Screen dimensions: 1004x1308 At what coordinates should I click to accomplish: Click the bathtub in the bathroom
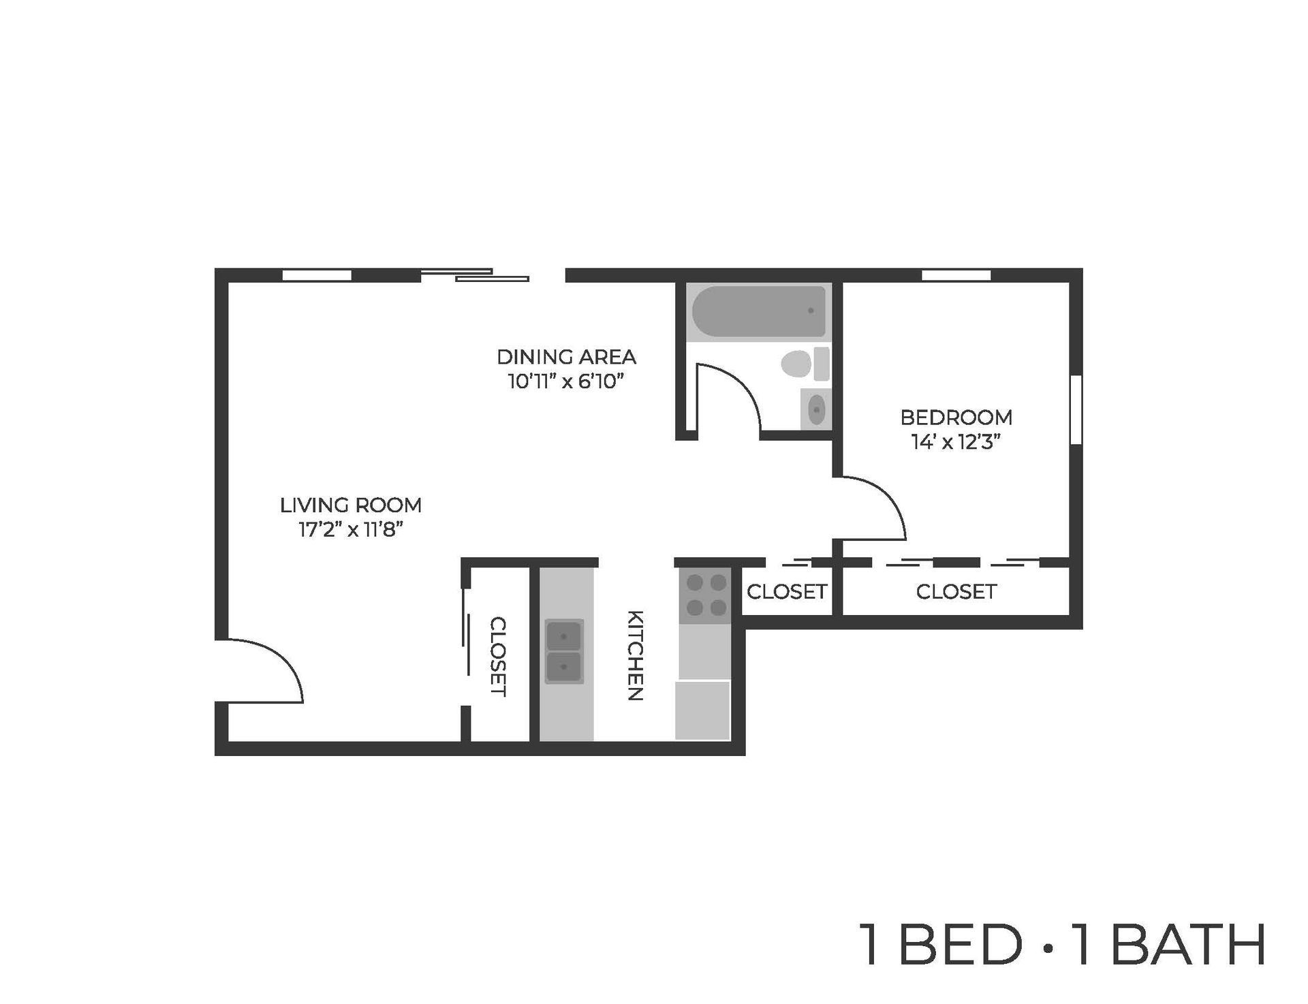[x=758, y=311]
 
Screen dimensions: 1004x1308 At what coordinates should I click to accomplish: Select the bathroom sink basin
[x=815, y=409]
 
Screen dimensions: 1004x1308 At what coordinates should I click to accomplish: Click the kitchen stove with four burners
[x=705, y=595]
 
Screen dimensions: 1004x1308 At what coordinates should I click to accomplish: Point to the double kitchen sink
[x=563, y=652]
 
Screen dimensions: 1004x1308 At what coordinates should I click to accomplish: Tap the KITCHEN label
[x=635, y=655]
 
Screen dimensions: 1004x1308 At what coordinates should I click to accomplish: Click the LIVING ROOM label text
[x=351, y=505]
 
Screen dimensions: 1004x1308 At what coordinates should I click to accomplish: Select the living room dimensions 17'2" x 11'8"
[x=351, y=530]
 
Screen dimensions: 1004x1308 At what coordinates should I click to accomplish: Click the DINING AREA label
[x=566, y=357]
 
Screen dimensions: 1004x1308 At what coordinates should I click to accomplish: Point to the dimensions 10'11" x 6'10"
[x=566, y=381]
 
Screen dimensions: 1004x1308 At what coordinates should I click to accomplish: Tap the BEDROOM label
[x=956, y=417]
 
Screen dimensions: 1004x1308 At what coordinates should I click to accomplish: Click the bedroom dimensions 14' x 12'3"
[x=956, y=442]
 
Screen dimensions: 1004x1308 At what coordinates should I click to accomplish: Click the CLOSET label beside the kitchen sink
[x=498, y=657]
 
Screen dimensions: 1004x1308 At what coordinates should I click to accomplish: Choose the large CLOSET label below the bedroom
[x=956, y=592]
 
